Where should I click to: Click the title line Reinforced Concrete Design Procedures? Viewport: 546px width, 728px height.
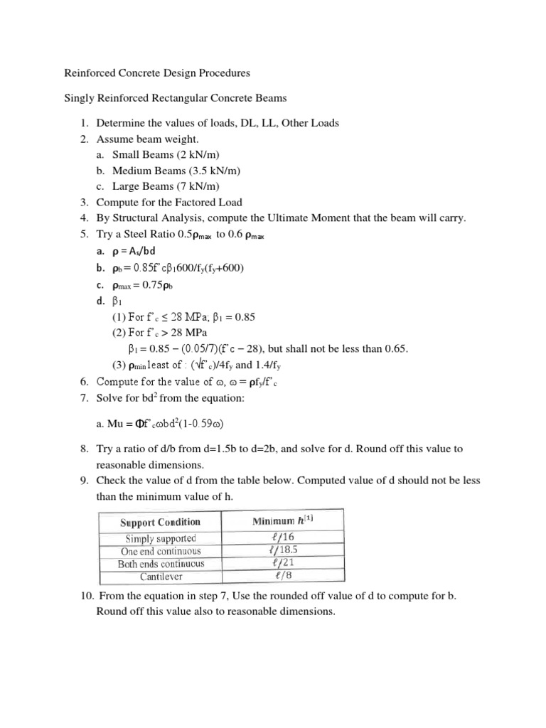pyautogui.click(x=157, y=73)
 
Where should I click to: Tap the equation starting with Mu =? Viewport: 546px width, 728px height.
pyautogui.click(x=160, y=424)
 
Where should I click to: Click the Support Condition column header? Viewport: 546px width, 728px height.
pyautogui.click(x=160, y=522)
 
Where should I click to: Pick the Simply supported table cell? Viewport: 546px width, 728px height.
pyautogui.click(x=161, y=538)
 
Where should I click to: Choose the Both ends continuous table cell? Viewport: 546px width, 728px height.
pyautogui.click(x=160, y=564)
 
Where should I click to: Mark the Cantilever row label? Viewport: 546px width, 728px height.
pyautogui.click(x=160, y=576)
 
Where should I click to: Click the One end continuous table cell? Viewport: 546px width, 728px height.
pyautogui.click(x=160, y=551)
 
